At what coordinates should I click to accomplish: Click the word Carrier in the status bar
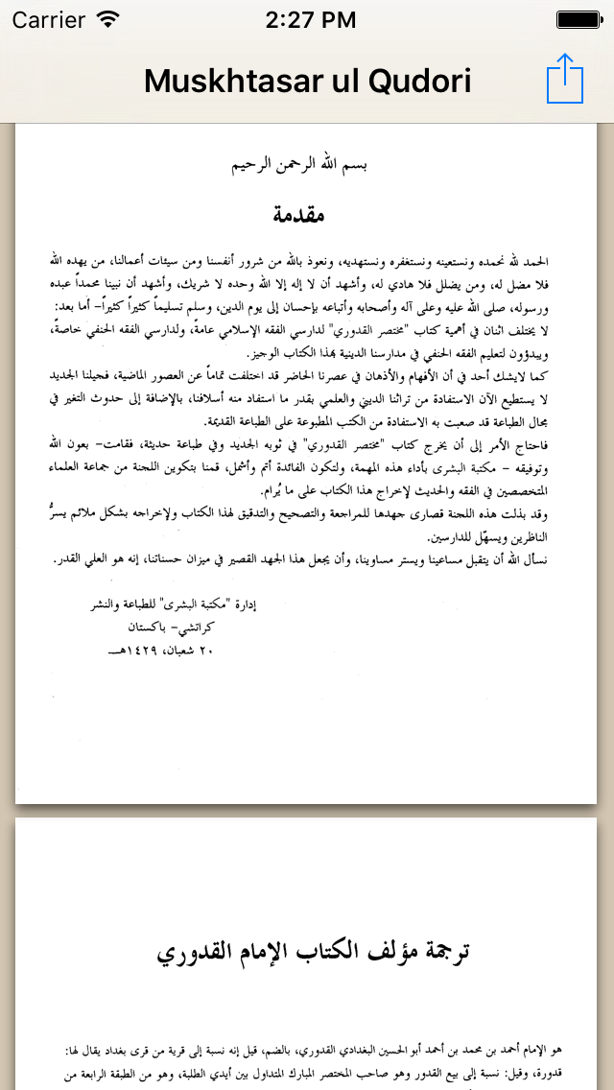[x=48, y=19]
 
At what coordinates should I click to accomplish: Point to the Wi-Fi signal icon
[x=108, y=19]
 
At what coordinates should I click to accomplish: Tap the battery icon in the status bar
[x=579, y=19]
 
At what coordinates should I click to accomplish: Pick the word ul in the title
[x=342, y=82]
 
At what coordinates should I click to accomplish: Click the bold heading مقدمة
[x=298, y=215]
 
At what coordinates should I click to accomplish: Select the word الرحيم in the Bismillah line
[x=252, y=165]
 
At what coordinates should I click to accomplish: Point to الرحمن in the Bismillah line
[x=298, y=165]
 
